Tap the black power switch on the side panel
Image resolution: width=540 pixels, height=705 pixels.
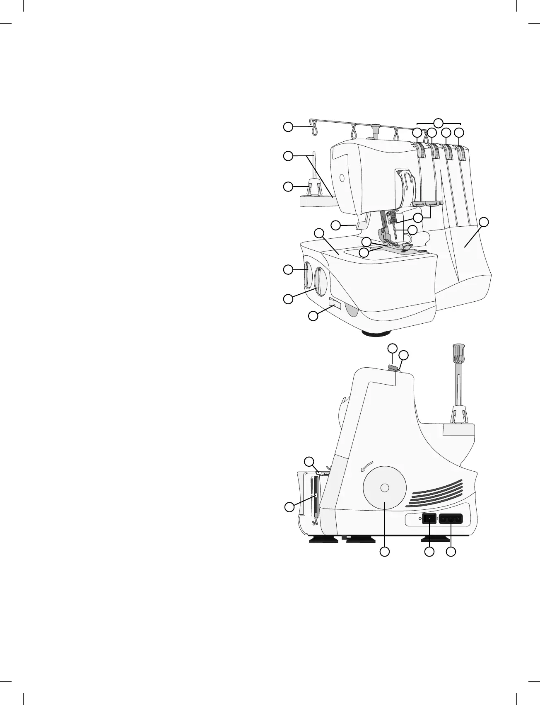pyautogui.click(x=429, y=518)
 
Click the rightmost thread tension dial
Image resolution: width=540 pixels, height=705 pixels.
pyautogui.click(x=461, y=153)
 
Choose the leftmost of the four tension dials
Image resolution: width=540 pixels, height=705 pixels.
pyautogui.click(x=421, y=151)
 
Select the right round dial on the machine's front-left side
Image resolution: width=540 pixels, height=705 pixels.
pyautogui.click(x=319, y=281)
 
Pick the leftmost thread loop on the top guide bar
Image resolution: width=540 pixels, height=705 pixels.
pyautogui.click(x=314, y=128)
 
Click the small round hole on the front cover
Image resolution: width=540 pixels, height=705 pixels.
pyautogui.click(x=341, y=178)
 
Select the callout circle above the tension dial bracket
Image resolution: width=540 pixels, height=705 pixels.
pyautogui.click(x=439, y=122)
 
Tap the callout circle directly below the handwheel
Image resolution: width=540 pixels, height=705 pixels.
pyautogui.click(x=385, y=552)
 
